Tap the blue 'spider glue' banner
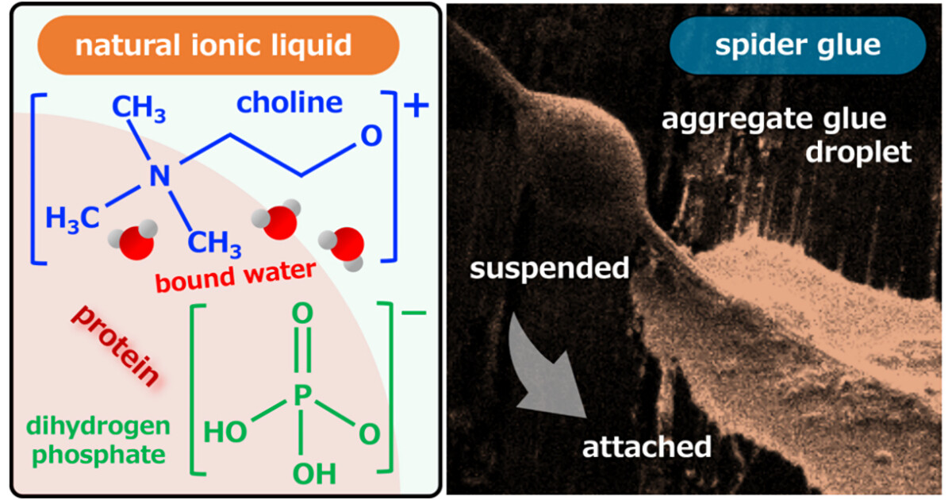[x=797, y=45]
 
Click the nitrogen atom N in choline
[x=159, y=176]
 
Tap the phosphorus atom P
[x=298, y=395]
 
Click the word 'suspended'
[x=549, y=268]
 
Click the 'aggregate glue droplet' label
[x=774, y=135]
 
